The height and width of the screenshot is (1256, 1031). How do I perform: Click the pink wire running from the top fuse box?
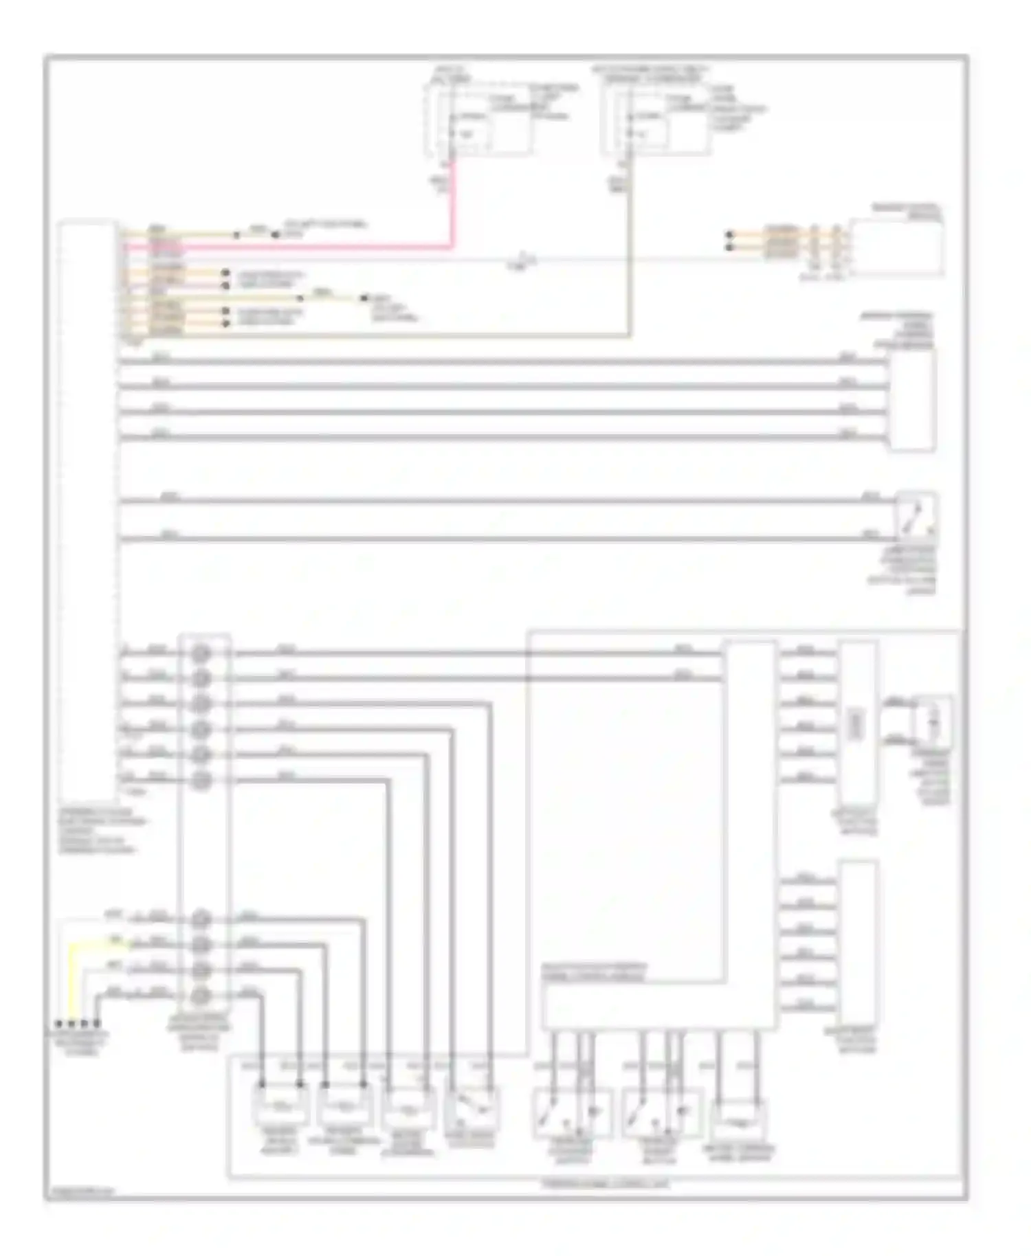point(452,206)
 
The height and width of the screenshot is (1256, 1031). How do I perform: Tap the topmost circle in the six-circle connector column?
point(201,653)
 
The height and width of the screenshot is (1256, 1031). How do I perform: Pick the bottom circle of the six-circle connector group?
point(201,780)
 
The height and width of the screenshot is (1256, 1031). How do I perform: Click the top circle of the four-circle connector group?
point(201,919)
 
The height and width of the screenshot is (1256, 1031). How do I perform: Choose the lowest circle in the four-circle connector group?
point(201,995)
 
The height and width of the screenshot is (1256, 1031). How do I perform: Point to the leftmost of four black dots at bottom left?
point(59,1023)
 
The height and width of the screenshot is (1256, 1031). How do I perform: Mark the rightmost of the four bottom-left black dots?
point(97,1023)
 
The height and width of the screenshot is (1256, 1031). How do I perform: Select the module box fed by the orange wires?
point(896,247)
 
